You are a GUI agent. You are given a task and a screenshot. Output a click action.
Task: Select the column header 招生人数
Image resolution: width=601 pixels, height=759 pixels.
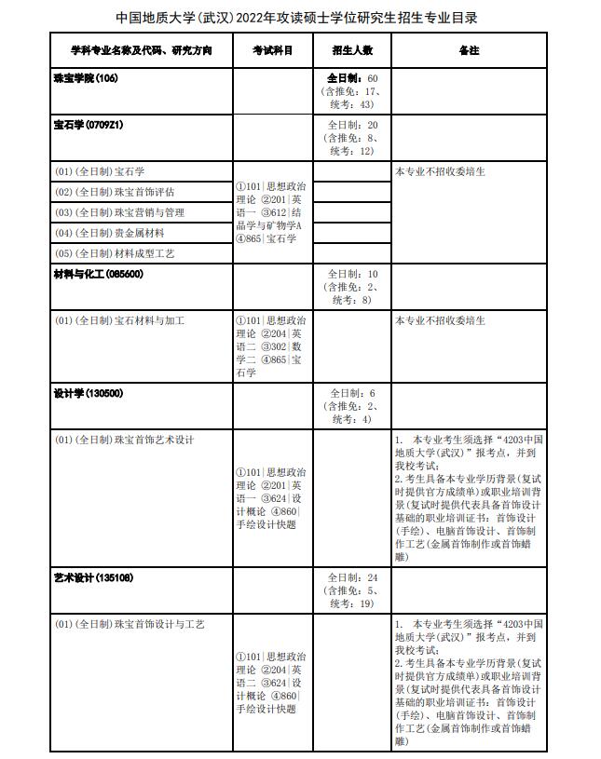352,49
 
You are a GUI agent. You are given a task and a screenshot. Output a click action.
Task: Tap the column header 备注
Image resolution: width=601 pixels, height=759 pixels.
470,49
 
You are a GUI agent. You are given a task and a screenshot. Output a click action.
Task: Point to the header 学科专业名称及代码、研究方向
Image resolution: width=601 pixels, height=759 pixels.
141,49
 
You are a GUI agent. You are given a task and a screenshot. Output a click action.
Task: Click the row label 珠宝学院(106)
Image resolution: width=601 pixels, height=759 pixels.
87,78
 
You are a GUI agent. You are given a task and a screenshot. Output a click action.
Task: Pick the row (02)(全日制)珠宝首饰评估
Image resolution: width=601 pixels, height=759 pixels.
115,192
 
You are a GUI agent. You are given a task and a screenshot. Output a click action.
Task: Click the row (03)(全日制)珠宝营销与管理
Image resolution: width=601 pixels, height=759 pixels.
120,212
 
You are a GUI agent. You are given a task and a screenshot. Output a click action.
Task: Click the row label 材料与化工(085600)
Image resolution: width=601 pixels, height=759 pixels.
99,275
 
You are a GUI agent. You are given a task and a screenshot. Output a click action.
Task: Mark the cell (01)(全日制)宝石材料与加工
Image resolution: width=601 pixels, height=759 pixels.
120,321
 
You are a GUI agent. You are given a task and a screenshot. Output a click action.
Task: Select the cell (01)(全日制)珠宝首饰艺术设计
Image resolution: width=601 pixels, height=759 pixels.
125,440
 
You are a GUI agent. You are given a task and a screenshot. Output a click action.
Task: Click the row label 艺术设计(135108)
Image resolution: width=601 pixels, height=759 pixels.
93,577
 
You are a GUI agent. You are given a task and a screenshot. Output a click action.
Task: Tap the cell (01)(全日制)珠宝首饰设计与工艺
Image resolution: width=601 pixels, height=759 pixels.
130,623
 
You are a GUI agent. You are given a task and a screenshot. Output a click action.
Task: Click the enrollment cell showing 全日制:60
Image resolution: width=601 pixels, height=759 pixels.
352,91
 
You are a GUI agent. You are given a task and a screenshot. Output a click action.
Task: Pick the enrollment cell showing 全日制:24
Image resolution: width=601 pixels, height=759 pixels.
352,590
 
